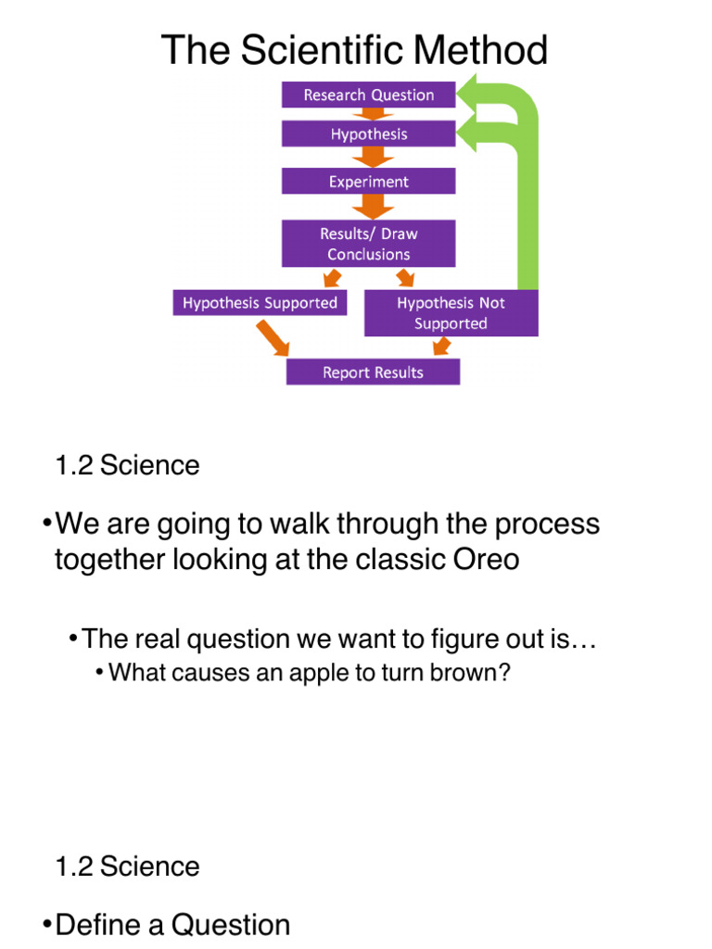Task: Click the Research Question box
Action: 368,95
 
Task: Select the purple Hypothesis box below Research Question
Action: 368,134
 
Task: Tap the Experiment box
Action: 368,182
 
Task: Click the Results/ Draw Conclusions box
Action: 368,244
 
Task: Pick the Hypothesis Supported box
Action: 260,303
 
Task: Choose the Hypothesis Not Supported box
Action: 451,313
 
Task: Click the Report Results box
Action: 373,373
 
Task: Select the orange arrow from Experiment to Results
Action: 369,206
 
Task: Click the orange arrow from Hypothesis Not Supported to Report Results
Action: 441,347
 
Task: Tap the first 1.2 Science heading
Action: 127,465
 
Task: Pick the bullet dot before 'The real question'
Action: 72,639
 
